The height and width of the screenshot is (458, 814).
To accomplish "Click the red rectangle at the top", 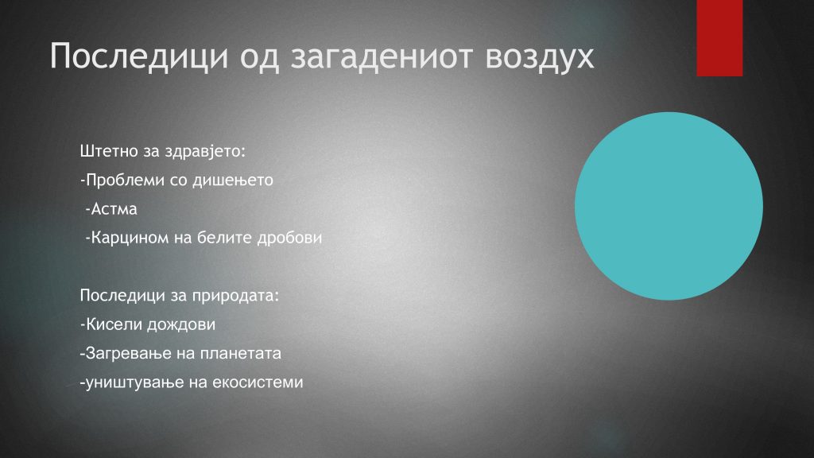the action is tap(719, 38).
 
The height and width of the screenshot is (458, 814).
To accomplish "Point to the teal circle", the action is tap(669, 206).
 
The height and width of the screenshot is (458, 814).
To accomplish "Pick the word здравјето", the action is tap(205, 152).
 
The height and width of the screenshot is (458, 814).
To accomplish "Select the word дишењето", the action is tap(233, 180).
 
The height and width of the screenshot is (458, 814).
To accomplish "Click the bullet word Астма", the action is tap(114, 209).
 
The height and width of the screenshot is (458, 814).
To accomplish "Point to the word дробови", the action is tap(289, 238).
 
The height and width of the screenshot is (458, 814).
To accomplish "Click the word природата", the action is tap(235, 296).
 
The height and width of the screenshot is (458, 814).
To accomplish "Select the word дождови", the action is tap(181, 324).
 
